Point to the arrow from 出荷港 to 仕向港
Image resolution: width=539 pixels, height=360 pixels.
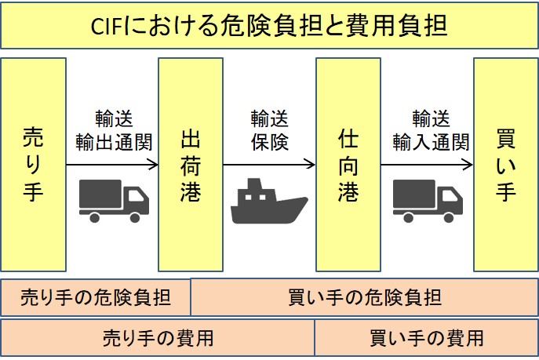269,165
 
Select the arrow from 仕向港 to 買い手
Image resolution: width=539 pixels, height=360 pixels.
427,165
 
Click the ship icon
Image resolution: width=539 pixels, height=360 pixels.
269,202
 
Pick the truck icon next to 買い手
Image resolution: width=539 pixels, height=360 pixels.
427,201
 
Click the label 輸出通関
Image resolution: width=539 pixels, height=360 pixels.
113,143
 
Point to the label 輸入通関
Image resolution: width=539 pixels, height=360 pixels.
430,143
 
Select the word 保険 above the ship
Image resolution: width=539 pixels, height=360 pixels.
270,143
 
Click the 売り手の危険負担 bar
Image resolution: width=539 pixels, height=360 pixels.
95,297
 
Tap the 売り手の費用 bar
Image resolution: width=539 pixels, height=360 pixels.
158,338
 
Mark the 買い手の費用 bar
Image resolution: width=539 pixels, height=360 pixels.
427,338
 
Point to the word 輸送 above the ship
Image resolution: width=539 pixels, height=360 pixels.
270,118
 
